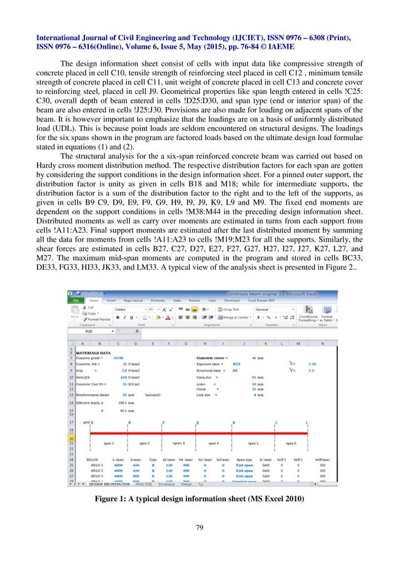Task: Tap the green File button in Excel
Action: [76, 300]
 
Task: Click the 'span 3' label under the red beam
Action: [179, 442]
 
